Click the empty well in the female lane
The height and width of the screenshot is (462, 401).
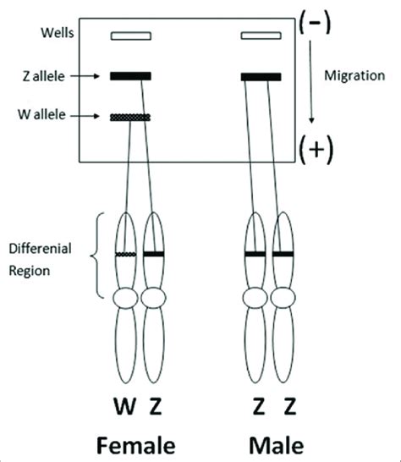(x=131, y=36)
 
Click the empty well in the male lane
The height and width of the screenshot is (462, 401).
(x=261, y=36)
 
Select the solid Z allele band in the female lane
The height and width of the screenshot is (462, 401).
(x=131, y=76)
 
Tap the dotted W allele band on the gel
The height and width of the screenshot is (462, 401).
(x=130, y=118)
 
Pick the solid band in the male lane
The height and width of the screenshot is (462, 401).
(x=261, y=77)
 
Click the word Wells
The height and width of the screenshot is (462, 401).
(x=58, y=33)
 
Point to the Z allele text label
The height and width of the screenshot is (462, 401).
(x=43, y=77)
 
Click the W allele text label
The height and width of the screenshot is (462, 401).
(x=41, y=114)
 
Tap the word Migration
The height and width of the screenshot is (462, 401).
(x=354, y=76)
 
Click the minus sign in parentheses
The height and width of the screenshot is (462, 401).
(x=315, y=23)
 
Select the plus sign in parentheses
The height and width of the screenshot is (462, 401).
(x=316, y=150)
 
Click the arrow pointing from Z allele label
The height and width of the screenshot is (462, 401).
(x=85, y=76)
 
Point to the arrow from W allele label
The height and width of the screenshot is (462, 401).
(x=85, y=116)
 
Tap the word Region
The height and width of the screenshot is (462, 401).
(x=29, y=271)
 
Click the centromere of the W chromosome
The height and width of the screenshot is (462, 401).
(x=125, y=298)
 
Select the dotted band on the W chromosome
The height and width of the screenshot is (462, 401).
(x=126, y=255)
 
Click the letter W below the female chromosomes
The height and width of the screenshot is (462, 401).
(x=125, y=406)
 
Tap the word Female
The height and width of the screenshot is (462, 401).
(x=136, y=445)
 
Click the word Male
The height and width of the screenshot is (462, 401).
(x=277, y=445)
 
